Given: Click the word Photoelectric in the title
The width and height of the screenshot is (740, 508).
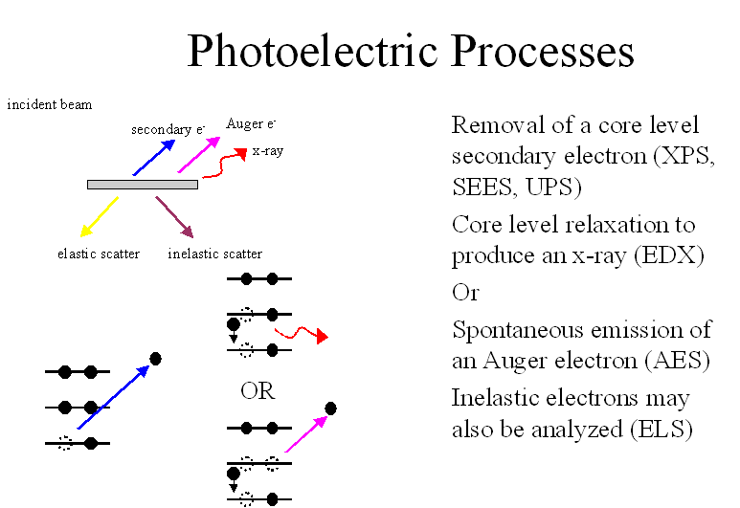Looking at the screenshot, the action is coord(313,51).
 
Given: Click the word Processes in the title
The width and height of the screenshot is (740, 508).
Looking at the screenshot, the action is coord(542,51).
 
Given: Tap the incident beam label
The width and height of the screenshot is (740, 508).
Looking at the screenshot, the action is coord(50,104).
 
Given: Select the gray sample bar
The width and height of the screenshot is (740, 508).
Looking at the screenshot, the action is coord(143,185).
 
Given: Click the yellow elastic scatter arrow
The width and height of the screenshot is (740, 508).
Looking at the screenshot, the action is coord(100,216).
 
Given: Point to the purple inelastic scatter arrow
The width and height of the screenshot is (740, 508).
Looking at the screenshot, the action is coord(174,217).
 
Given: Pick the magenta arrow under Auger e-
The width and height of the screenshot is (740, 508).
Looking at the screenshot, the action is coord(199,155).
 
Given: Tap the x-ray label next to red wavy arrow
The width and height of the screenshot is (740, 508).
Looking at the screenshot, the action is coord(268,151).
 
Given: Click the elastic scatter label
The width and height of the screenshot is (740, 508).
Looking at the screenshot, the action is coord(99,254).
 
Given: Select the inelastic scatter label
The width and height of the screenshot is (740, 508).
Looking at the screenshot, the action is coord(214,254).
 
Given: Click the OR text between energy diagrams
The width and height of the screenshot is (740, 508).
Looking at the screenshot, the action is coord(258,391).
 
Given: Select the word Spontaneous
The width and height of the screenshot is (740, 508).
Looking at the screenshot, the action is coord(518,330).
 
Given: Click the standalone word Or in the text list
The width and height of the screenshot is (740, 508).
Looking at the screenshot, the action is coord(466,293).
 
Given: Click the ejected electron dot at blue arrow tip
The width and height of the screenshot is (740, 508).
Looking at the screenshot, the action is coord(155,359).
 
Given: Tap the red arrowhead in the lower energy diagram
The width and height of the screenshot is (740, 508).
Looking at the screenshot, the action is coord(323,337).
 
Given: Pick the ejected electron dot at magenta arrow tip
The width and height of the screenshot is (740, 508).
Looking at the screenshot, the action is coord(331,409).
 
